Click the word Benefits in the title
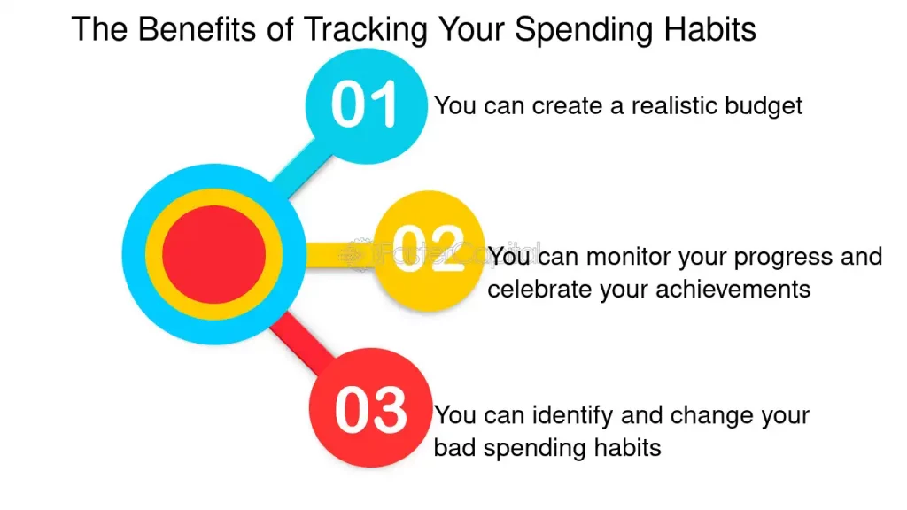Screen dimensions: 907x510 click(197, 29)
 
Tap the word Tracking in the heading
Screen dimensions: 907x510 click(365, 31)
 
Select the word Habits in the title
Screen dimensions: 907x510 click(709, 29)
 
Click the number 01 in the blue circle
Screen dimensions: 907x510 click(364, 104)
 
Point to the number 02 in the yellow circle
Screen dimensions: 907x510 click(429, 249)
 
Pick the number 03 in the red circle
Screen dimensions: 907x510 click(371, 410)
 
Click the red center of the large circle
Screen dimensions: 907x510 click(214, 254)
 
